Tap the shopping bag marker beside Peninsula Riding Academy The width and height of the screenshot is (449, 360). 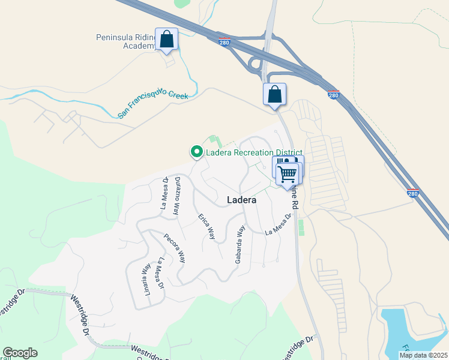coord(166,40)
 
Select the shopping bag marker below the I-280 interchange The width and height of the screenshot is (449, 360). coord(274,95)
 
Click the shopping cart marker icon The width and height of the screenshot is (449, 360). coord(287,173)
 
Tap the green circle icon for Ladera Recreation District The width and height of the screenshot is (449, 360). coord(196,152)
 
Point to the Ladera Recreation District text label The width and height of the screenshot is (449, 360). coord(254,152)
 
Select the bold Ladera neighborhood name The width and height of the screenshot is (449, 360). coord(242,200)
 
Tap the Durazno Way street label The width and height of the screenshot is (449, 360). coord(177,196)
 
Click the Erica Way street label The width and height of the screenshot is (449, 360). coord(206,226)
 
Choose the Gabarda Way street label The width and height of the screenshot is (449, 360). coord(241,244)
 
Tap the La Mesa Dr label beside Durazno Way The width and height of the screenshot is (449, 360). coord(163,193)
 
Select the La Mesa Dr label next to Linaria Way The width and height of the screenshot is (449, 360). coord(160,274)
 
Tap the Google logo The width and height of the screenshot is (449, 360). coord(20,353)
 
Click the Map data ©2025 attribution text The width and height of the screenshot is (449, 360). coord(423,355)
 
